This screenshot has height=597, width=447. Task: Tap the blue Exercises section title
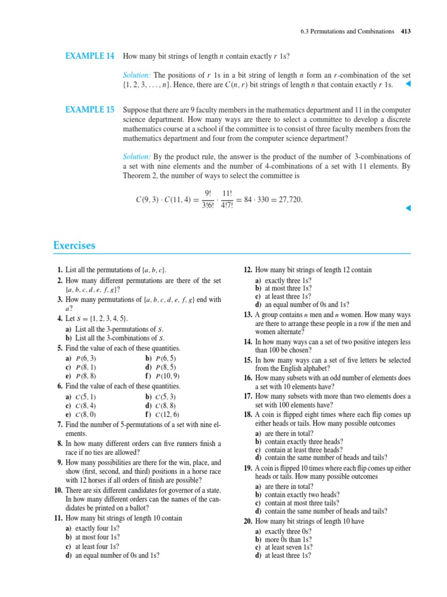pos(74,245)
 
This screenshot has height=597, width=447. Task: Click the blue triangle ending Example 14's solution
pos(408,85)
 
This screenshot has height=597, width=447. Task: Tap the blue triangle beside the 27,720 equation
pos(408,208)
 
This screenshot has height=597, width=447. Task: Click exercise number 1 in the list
pos(59,271)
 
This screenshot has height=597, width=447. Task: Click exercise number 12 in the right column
pos(247,271)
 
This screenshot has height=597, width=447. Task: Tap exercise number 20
pos(247,521)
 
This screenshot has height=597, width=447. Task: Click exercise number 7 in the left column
pos(59,424)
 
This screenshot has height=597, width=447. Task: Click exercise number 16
pos(247,378)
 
